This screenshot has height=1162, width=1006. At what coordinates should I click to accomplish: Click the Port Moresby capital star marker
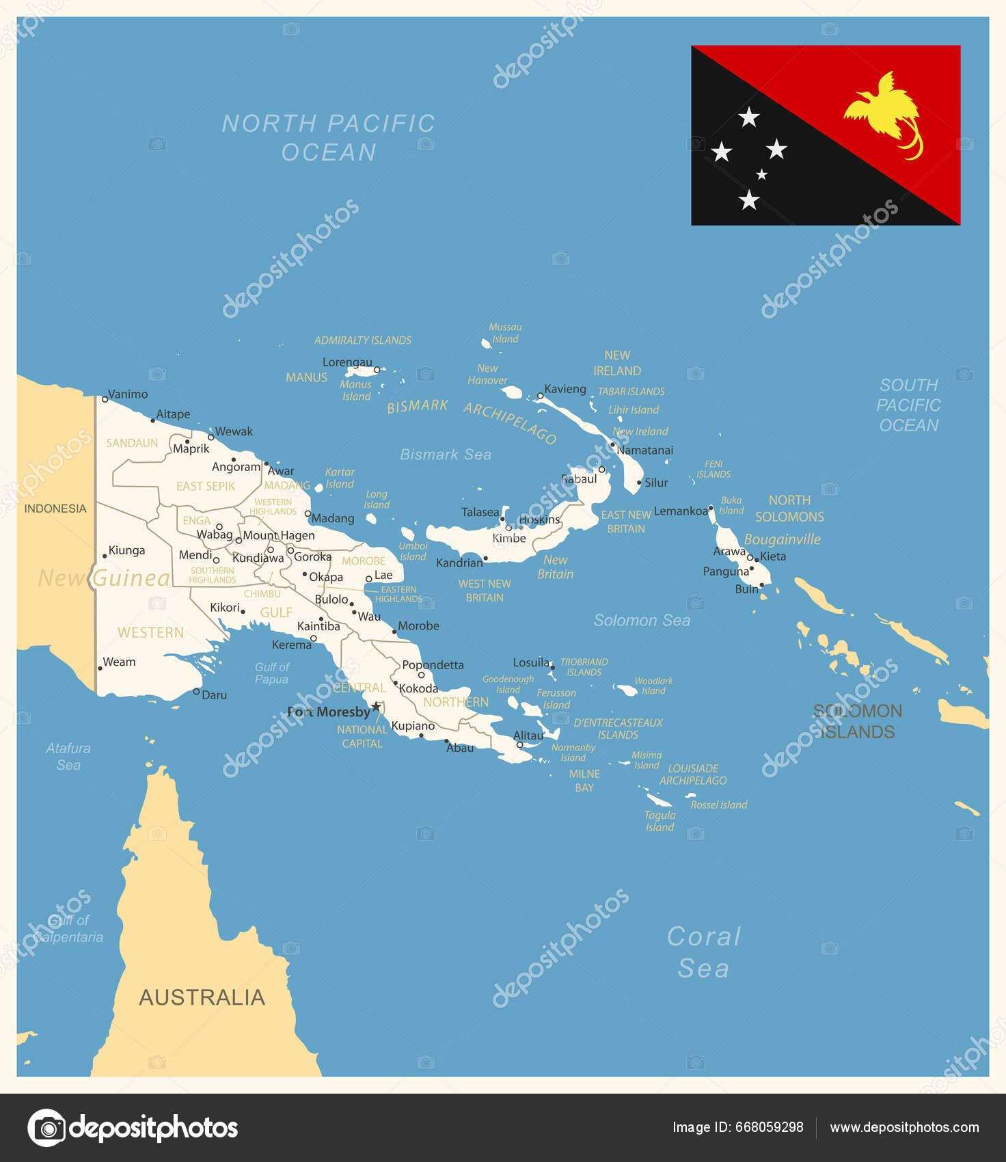click(376, 706)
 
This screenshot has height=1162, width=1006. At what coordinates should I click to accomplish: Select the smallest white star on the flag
click(761, 174)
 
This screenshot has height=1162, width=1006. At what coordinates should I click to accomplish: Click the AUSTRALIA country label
click(202, 997)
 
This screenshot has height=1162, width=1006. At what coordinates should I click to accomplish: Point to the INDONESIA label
click(55, 509)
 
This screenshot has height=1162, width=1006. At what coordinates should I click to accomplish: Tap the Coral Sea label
click(704, 952)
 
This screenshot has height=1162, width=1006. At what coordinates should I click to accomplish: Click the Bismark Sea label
click(446, 455)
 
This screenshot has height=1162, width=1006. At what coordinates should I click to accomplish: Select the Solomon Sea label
click(642, 620)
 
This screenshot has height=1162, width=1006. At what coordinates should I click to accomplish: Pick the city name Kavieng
click(565, 389)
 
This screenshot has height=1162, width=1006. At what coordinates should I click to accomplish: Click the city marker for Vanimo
click(105, 399)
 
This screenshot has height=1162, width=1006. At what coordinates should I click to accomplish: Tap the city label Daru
click(214, 695)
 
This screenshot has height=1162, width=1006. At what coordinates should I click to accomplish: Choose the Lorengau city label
click(347, 362)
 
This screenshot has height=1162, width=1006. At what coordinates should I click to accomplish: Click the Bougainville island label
click(782, 539)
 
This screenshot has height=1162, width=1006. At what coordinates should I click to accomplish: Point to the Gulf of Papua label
click(272, 673)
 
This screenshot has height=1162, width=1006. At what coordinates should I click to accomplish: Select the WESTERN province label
click(150, 632)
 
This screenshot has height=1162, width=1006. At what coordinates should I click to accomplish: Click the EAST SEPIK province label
click(206, 486)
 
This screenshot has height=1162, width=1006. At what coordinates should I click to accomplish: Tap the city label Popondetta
click(433, 664)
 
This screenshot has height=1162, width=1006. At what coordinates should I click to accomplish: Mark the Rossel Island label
click(719, 805)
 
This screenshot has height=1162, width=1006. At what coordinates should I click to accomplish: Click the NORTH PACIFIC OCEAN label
click(329, 137)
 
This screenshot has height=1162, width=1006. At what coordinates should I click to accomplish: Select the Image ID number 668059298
click(769, 1127)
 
